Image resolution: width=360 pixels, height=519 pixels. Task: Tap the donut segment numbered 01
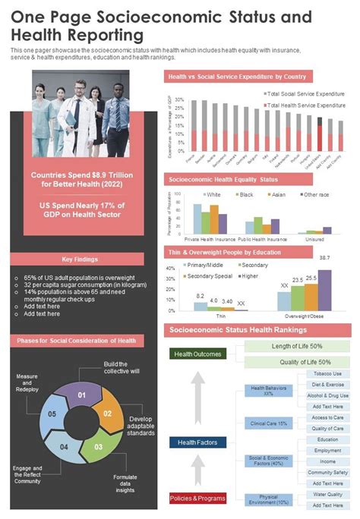[x=81, y=395]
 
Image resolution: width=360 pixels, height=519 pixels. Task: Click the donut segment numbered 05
[x=52, y=414]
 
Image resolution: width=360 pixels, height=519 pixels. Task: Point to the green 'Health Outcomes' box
[x=197, y=354]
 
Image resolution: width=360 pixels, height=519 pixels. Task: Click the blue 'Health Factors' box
[x=197, y=442]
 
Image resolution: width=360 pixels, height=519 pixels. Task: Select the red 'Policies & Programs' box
[x=197, y=498]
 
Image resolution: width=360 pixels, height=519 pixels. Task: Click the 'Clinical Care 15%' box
[x=268, y=423]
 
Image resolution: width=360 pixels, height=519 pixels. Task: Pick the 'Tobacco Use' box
[x=328, y=374]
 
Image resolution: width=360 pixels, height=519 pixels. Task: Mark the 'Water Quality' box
[x=328, y=494]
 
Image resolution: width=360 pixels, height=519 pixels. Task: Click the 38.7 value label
[x=324, y=259]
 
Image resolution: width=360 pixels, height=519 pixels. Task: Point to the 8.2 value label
[x=200, y=296]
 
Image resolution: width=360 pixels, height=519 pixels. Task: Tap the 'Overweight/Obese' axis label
[x=304, y=315]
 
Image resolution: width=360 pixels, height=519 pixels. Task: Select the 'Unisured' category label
[x=314, y=238]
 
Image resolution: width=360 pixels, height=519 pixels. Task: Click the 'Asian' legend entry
[x=278, y=195]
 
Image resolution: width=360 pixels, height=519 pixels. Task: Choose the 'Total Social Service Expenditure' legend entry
[x=307, y=93]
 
